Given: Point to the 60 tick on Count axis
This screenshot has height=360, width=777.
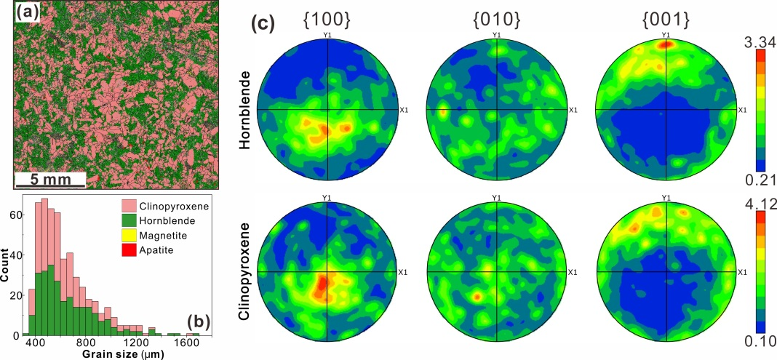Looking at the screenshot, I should (x=17, y=216).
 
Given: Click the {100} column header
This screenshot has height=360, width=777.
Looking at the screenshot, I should (x=329, y=20).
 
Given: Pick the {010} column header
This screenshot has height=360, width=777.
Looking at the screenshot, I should (x=497, y=20).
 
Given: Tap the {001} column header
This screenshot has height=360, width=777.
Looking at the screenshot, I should (x=665, y=20).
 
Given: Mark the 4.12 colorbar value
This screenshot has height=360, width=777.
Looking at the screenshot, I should (x=760, y=199).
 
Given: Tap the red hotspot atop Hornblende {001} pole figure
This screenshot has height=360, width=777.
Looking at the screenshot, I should (x=664, y=44).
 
